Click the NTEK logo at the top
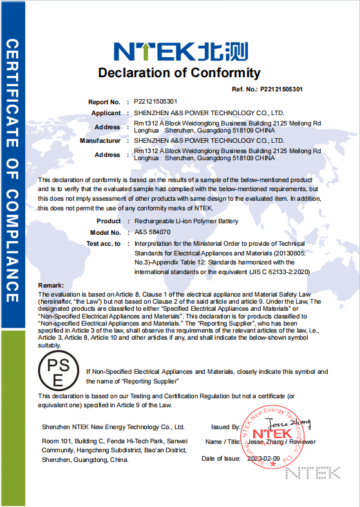[x=178, y=50]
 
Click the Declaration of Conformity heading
[x=179, y=73]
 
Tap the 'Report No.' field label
[x=104, y=102]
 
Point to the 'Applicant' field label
[x=106, y=113]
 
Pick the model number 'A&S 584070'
[x=152, y=232]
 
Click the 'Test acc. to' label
[x=103, y=244]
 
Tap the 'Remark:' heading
[x=51, y=285]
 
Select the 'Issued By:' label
[x=225, y=427]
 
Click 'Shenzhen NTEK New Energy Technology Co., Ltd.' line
[x=113, y=427]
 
